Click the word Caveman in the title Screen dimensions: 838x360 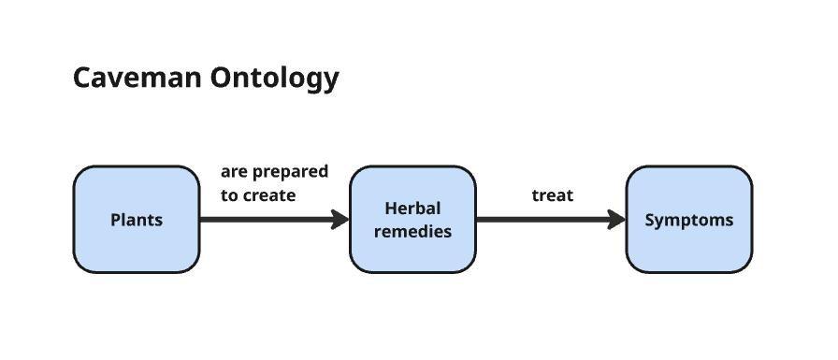point(137,78)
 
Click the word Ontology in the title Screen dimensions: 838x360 point(275,79)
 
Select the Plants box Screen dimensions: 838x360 point(137,220)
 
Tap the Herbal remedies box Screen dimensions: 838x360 point(412,220)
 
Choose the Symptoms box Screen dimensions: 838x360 point(689,220)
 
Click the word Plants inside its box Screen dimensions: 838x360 point(137,220)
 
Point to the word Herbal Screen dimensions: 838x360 point(412,208)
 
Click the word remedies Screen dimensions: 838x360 point(412,231)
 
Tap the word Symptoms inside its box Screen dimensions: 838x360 point(689,220)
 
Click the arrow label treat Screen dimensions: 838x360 point(553,195)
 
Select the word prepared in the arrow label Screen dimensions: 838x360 point(290,172)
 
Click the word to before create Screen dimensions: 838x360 point(229,195)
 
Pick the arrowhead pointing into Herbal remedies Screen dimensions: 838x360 point(340,220)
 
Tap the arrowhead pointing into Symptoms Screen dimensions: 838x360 point(616,220)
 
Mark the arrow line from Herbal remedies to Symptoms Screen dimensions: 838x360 point(551,220)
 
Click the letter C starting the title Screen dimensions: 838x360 point(81,78)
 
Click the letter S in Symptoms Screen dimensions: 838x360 point(650,220)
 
